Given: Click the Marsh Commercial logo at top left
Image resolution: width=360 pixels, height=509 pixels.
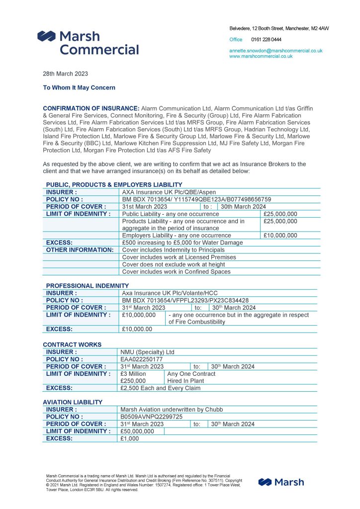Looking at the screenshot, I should pos(88,42).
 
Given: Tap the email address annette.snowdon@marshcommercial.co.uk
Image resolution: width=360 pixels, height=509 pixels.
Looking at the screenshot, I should pos(275,51).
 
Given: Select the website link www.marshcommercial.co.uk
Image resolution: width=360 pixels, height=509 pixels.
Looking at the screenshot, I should pos(261,56).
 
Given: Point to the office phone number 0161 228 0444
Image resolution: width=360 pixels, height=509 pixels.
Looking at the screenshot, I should pos(266,39).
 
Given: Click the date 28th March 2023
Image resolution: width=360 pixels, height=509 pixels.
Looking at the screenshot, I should pos(65,74).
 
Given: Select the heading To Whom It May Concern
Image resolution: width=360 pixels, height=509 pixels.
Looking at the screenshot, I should pos(79,87).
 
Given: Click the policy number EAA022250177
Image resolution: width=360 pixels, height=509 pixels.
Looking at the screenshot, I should pos(141,359).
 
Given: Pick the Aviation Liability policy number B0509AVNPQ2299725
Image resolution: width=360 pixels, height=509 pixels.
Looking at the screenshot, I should pos(152,417).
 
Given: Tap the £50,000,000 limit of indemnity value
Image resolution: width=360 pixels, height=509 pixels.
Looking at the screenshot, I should pos(138,431).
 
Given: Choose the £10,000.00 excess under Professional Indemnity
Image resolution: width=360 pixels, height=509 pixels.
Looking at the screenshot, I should pos(137,329).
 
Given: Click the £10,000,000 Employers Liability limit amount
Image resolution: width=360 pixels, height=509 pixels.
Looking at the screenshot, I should pos(280,236).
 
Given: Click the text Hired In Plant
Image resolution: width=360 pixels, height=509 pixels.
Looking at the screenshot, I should pos(185,381).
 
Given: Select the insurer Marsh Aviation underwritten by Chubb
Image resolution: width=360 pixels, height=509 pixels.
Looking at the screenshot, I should pos(172,410).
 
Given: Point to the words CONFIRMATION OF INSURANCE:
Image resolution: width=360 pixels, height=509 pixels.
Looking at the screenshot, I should pos(91,108).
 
